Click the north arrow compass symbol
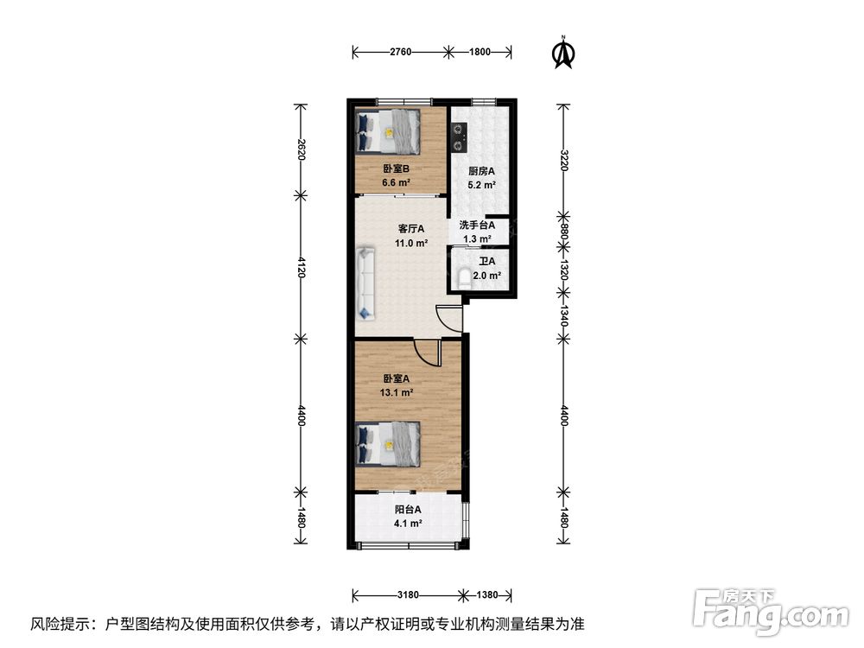pos(563,53)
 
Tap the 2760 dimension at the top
pos(401,53)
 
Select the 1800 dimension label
pos(480,53)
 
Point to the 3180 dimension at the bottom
pos(408,595)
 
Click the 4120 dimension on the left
pos(302,267)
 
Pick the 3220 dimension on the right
pos(563,161)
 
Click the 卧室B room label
pos(397,169)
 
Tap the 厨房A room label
pos(481,171)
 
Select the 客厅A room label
pos(411,229)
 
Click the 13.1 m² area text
pos(397,393)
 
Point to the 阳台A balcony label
pos(408,510)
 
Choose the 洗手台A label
pos(477,226)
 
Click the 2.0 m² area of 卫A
pos(487,276)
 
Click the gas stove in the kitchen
pos(459,137)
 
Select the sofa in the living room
pos(365,283)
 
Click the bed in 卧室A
pos(388,444)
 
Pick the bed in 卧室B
pos(388,131)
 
